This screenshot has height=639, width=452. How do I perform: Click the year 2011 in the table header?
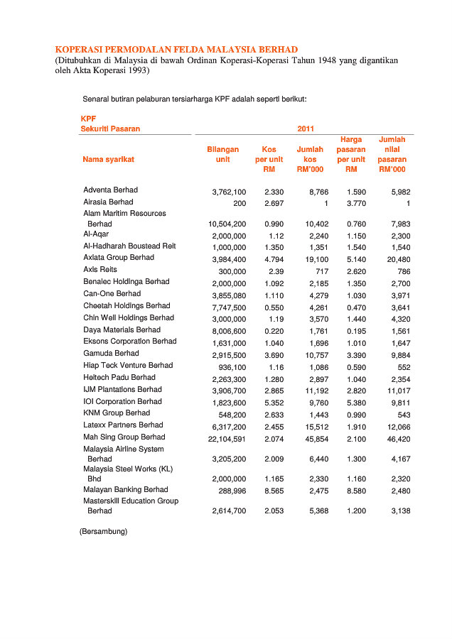click(304, 129)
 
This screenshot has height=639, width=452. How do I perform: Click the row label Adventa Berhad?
click(110, 190)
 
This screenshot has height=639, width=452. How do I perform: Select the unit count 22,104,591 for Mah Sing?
click(227, 438)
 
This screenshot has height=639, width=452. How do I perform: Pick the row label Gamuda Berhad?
click(111, 353)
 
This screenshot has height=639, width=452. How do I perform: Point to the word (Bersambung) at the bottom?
click(103, 531)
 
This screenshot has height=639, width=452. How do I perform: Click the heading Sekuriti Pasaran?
click(110, 129)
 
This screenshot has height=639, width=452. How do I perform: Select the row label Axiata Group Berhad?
click(118, 258)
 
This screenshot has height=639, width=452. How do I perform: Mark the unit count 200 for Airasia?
click(239, 204)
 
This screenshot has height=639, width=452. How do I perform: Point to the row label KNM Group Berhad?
click(117, 413)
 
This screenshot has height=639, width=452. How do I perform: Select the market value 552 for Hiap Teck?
click(403, 367)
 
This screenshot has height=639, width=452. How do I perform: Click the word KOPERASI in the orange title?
click(80, 50)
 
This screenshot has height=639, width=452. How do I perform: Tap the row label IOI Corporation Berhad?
click(122, 401)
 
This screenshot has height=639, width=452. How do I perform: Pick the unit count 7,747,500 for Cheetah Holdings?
click(229, 307)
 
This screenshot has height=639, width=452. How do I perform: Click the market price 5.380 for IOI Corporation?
click(356, 403)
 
